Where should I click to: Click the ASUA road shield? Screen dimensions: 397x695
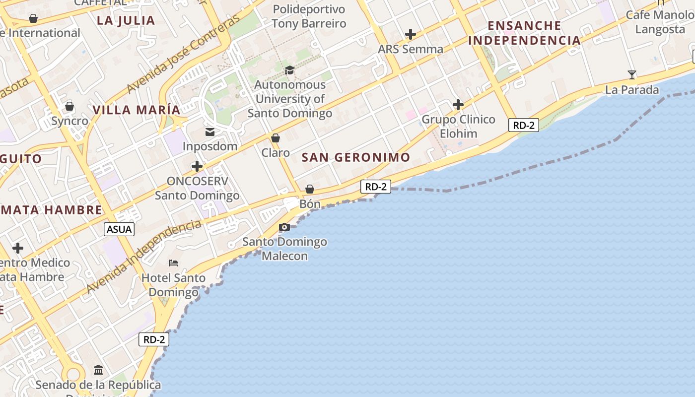(x=119, y=229)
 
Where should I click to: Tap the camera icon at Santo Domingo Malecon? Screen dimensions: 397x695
(x=284, y=227)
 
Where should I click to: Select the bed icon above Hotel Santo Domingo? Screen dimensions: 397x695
(x=173, y=263)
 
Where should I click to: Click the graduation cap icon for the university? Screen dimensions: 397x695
(x=289, y=70)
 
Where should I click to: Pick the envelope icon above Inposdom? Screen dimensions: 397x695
(x=210, y=132)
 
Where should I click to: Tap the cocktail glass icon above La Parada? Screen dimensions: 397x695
(x=631, y=75)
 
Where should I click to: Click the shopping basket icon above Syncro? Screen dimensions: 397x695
(x=69, y=106)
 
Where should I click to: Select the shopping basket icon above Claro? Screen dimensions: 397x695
(x=276, y=138)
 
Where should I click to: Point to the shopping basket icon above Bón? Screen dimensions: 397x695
(x=309, y=189)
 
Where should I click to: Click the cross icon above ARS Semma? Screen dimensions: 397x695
(x=410, y=34)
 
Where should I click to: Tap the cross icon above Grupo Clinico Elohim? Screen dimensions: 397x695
(x=458, y=105)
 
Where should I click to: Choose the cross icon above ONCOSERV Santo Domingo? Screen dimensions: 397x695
(x=197, y=166)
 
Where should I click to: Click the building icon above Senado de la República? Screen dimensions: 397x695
(x=98, y=370)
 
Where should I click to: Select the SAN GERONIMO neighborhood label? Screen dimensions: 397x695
(x=356, y=158)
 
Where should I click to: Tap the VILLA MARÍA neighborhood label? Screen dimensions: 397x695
(x=137, y=110)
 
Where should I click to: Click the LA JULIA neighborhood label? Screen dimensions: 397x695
(x=126, y=20)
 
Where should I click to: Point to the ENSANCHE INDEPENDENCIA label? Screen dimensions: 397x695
(x=524, y=33)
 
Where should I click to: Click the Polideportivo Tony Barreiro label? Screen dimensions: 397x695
(x=309, y=16)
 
